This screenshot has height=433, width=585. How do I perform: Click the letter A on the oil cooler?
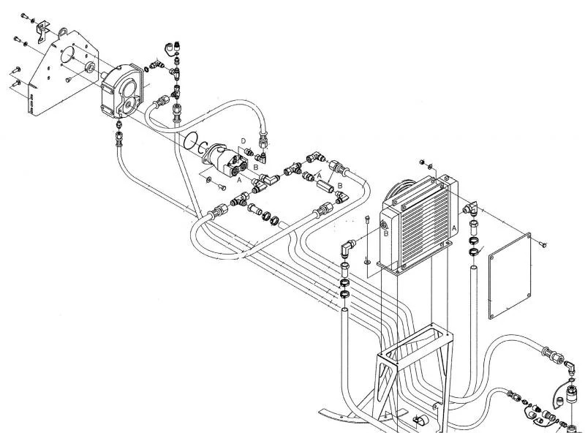[455, 228]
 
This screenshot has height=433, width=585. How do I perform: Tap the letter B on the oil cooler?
[385, 233]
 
